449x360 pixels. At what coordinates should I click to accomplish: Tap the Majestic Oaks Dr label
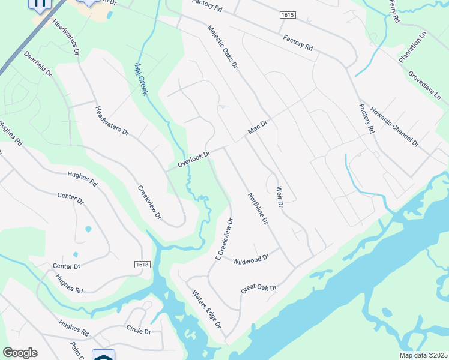tap(223, 46)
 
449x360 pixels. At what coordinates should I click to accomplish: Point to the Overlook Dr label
tap(193, 159)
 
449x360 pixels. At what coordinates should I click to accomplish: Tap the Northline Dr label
tap(257, 209)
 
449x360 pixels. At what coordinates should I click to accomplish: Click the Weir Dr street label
tap(279, 197)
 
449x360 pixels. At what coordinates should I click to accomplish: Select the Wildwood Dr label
tap(250, 260)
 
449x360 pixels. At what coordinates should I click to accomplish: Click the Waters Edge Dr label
tap(207, 309)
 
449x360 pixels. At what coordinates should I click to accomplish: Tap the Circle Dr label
tap(139, 331)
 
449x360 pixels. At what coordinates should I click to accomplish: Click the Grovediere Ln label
tap(424, 87)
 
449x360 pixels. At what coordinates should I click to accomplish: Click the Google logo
tap(20, 353)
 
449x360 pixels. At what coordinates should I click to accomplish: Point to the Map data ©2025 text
tap(422, 355)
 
